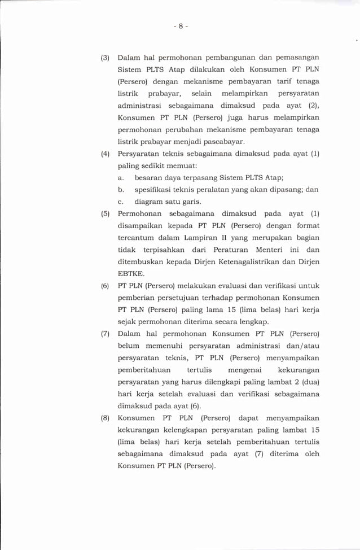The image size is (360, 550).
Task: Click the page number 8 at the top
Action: tap(180, 26)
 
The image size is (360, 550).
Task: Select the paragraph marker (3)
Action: tap(105, 58)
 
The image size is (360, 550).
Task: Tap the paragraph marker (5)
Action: tap(105, 214)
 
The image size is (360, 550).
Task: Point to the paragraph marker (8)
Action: tap(105, 418)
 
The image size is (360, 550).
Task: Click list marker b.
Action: tap(121, 190)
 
